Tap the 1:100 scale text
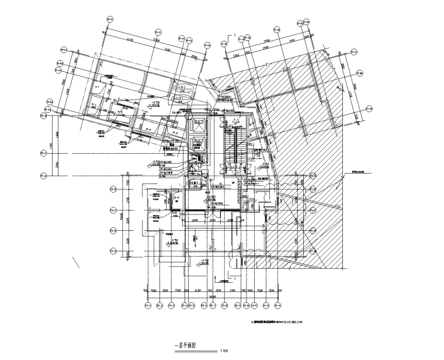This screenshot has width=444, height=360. click(223, 351)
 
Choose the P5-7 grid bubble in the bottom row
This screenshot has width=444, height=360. click(238, 304)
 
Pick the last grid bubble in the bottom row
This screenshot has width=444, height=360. click(279, 304)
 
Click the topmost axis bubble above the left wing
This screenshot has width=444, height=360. click(107, 19)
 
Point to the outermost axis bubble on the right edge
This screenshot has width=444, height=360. click(370, 108)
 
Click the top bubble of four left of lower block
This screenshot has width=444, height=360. click(114, 188)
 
